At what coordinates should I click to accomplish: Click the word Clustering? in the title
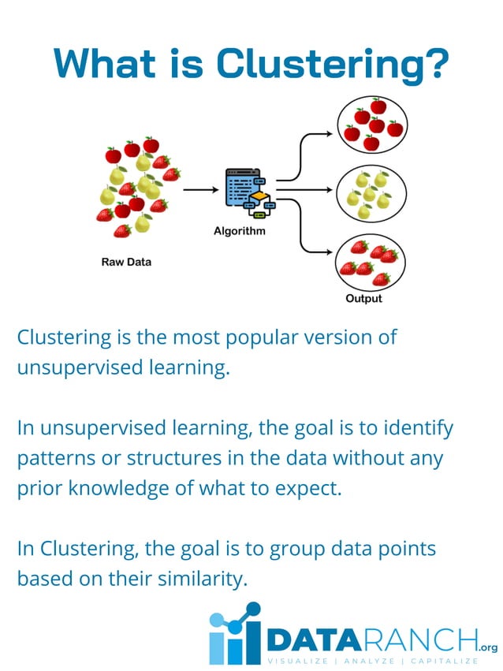(333, 64)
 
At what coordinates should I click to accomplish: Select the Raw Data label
(126, 262)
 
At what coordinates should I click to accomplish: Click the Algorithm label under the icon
(240, 231)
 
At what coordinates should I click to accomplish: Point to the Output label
(363, 299)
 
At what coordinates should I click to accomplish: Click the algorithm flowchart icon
(248, 192)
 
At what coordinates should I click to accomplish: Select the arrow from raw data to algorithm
(200, 190)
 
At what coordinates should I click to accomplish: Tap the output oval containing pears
(371, 192)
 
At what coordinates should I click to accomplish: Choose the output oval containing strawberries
(371, 262)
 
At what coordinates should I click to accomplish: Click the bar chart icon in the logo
(234, 635)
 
